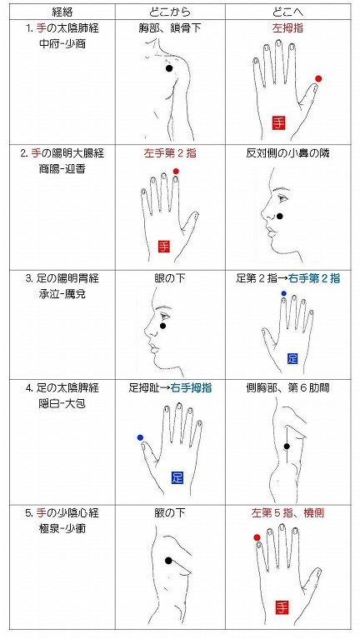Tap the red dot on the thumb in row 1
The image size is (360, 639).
coord(318,79)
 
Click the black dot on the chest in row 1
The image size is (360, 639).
coord(169,68)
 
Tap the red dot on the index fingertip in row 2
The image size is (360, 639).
coord(176,172)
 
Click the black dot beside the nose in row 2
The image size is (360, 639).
coord(280,217)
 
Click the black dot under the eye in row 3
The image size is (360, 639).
coord(163,326)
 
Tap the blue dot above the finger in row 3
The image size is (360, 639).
coord(283,294)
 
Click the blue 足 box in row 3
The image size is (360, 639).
coord(292,358)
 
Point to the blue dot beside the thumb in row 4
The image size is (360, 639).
coord(140,437)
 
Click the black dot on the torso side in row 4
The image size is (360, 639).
coord(286,447)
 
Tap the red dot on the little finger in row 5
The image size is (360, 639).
coord(257,538)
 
